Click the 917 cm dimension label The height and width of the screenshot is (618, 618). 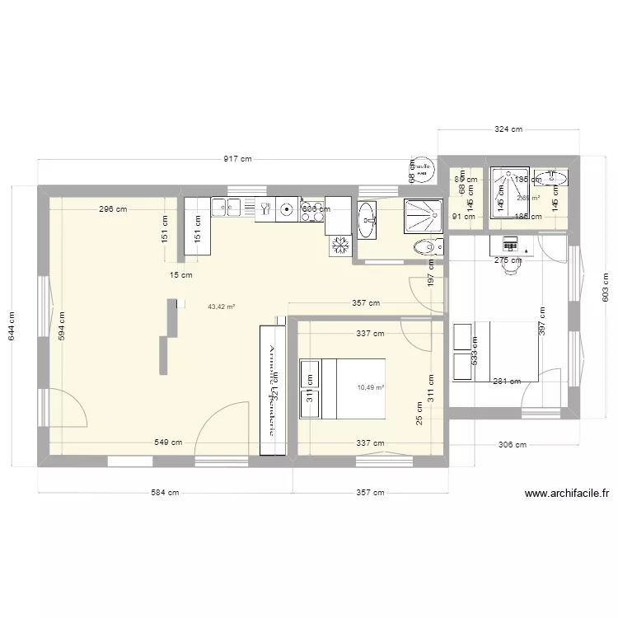point(237,160)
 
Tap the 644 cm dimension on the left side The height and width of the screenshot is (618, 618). point(12,325)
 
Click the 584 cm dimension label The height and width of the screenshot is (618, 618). point(164,493)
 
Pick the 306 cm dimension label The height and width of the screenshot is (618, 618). point(513,445)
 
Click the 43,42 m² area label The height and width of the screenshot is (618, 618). point(222,307)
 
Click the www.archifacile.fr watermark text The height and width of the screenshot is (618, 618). point(568,494)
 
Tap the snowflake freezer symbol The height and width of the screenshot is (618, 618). point(340,246)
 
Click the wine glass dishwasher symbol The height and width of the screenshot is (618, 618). point(265,209)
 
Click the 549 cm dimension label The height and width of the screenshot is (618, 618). point(169,442)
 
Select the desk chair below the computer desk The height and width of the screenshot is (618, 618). point(513,261)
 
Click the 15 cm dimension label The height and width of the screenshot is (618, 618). point(180,275)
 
